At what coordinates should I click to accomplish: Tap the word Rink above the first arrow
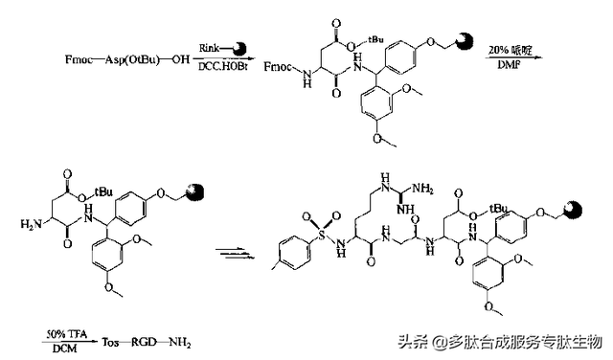click(x=210, y=46)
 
